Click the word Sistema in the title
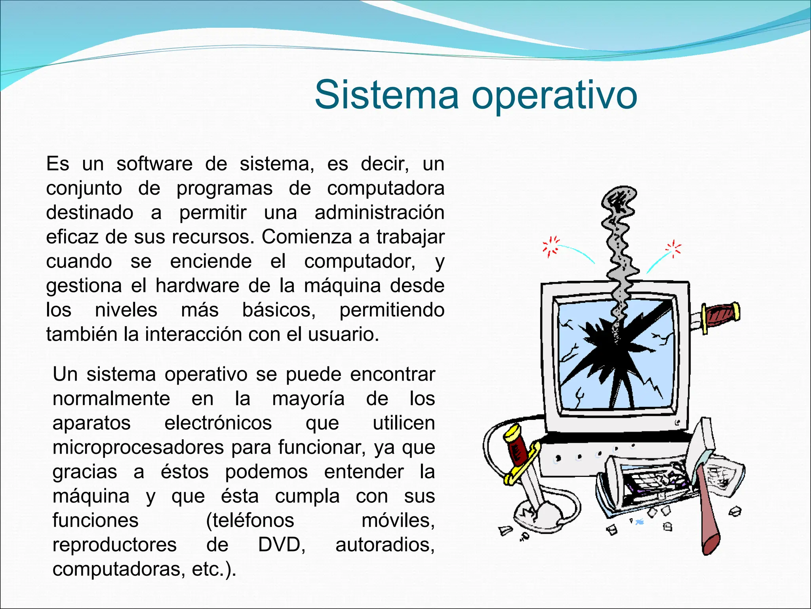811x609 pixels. (386, 95)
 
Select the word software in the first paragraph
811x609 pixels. (154, 164)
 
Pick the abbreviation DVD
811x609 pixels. (282, 545)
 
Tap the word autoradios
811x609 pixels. (385, 545)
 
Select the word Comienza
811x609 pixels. (307, 237)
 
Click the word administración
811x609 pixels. (379, 213)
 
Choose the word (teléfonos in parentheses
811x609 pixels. (250, 520)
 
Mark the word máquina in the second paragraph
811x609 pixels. (91, 496)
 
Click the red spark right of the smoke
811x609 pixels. (673, 249)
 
